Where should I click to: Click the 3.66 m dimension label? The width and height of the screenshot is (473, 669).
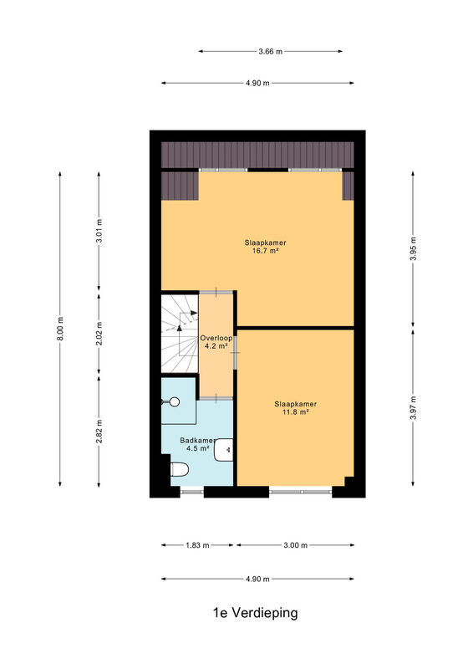pyautogui.click(x=271, y=52)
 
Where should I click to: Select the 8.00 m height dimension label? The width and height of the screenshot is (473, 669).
pyautogui.click(x=60, y=329)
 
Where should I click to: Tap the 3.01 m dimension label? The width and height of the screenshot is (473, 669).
pyautogui.click(x=99, y=231)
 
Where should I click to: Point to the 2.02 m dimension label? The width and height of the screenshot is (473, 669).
pyautogui.click(x=99, y=332)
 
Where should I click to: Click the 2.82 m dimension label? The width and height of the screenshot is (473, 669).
pyautogui.click(x=99, y=431)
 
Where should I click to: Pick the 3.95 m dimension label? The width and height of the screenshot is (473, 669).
pyautogui.click(x=413, y=248)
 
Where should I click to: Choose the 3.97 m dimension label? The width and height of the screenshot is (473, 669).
pyautogui.click(x=413, y=407)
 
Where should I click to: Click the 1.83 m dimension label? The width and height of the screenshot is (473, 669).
pyautogui.click(x=197, y=545)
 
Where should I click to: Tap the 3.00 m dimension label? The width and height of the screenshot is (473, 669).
pyautogui.click(x=296, y=545)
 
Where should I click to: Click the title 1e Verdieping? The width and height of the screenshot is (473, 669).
pyautogui.click(x=255, y=613)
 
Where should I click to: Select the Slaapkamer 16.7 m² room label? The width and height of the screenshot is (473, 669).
pyautogui.click(x=265, y=247)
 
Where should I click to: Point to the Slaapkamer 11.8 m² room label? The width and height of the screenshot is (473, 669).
pyautogui.click(x=296, y=408)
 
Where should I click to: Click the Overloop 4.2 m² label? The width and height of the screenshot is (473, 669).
pyautogui.click(x=216, y=342)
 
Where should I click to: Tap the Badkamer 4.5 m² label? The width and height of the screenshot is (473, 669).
pyautogui.click(x=198, y=444)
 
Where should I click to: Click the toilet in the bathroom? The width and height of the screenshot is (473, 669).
pyautogui.click(x=180, y=469)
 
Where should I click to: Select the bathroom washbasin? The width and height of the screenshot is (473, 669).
pyautogui.click(x=223, y=450)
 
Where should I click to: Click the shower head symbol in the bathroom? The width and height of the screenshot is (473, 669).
pyautogui.click(x=173, y=401)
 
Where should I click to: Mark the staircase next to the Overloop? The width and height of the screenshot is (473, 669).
pyautogui.click(x=180, y=333)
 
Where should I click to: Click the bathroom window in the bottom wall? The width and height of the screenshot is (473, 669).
pyautogui.click(x=191, y=492)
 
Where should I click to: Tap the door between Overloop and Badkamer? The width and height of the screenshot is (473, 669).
pyautogui.click(x=216, y=398)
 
